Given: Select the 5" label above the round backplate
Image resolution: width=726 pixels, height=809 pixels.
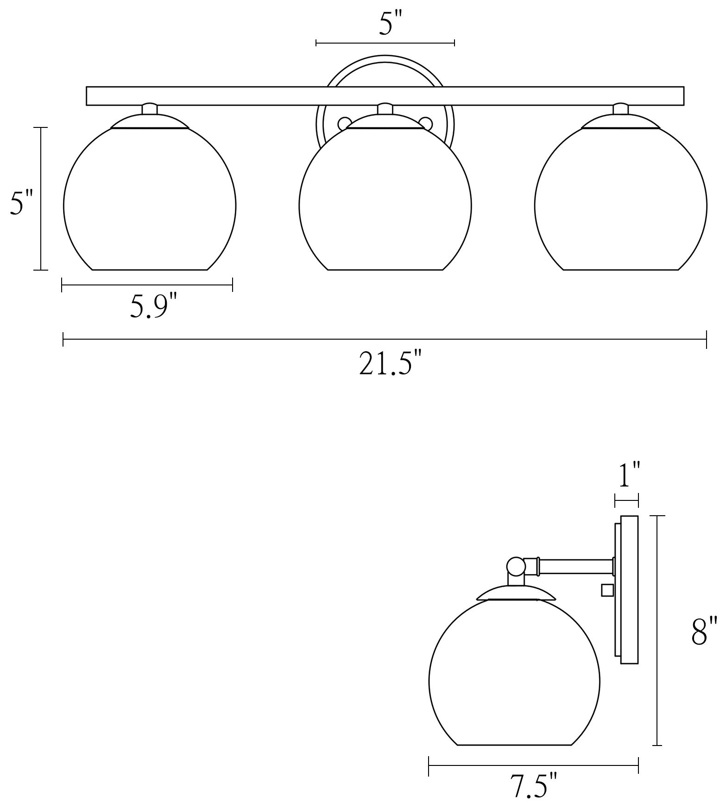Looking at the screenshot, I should pyautogui.click(x=385, y=25).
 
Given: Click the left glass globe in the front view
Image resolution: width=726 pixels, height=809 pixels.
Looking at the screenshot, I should pyautogui.click(x=150, y=204).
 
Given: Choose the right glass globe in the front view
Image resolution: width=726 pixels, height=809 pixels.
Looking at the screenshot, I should pyautogui.click(x=620, y=204).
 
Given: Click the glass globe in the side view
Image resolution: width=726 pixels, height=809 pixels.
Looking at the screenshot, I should pyautogui.click(x=514, y=676).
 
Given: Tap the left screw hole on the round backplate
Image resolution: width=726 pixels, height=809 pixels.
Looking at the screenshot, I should pyautogui.click(x=345, y=123).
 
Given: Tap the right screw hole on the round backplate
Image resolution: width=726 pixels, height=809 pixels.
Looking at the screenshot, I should pyautogui.click(x=425, y=123).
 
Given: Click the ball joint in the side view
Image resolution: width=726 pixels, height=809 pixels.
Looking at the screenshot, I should pyautogui.click(x=516, y=566).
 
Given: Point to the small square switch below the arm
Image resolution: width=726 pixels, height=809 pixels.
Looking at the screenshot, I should pyautogui.click(x=607, y=590).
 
